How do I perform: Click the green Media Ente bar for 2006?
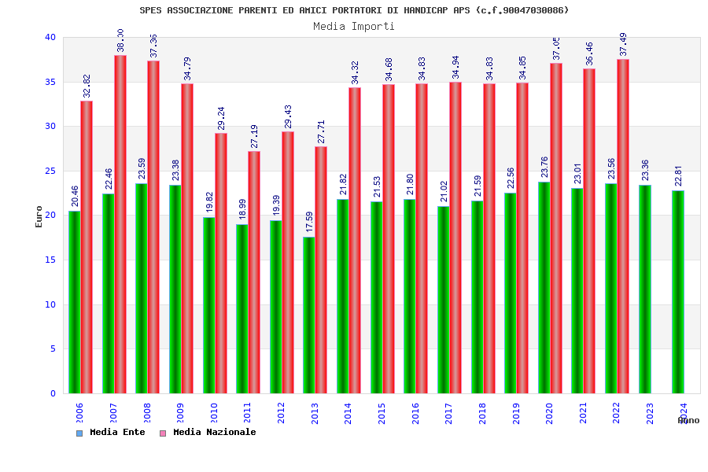[74, 302]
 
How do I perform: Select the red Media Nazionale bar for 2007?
[120, 224]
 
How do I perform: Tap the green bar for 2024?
[678, 292]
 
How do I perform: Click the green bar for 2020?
[544, 288]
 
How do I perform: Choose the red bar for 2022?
[623, 227]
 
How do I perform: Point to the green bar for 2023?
[644, 289]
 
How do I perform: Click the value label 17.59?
[308, 223]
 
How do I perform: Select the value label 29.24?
[221, 120]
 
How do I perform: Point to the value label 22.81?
[678, 177]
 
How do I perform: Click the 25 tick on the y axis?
[50, 171]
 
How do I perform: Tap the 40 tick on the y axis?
[50, 37]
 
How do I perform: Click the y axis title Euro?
[39, 216]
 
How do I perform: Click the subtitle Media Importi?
[354, 26]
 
